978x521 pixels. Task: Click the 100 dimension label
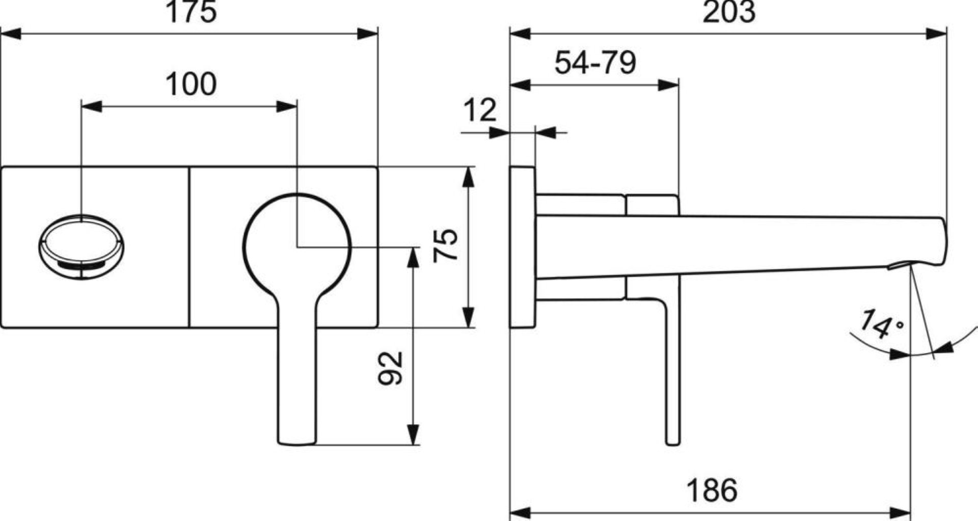[191, 84]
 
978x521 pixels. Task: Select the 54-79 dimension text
[595, 63]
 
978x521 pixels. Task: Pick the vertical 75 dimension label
[446, 246]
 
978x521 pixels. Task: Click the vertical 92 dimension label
[391, 368]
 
